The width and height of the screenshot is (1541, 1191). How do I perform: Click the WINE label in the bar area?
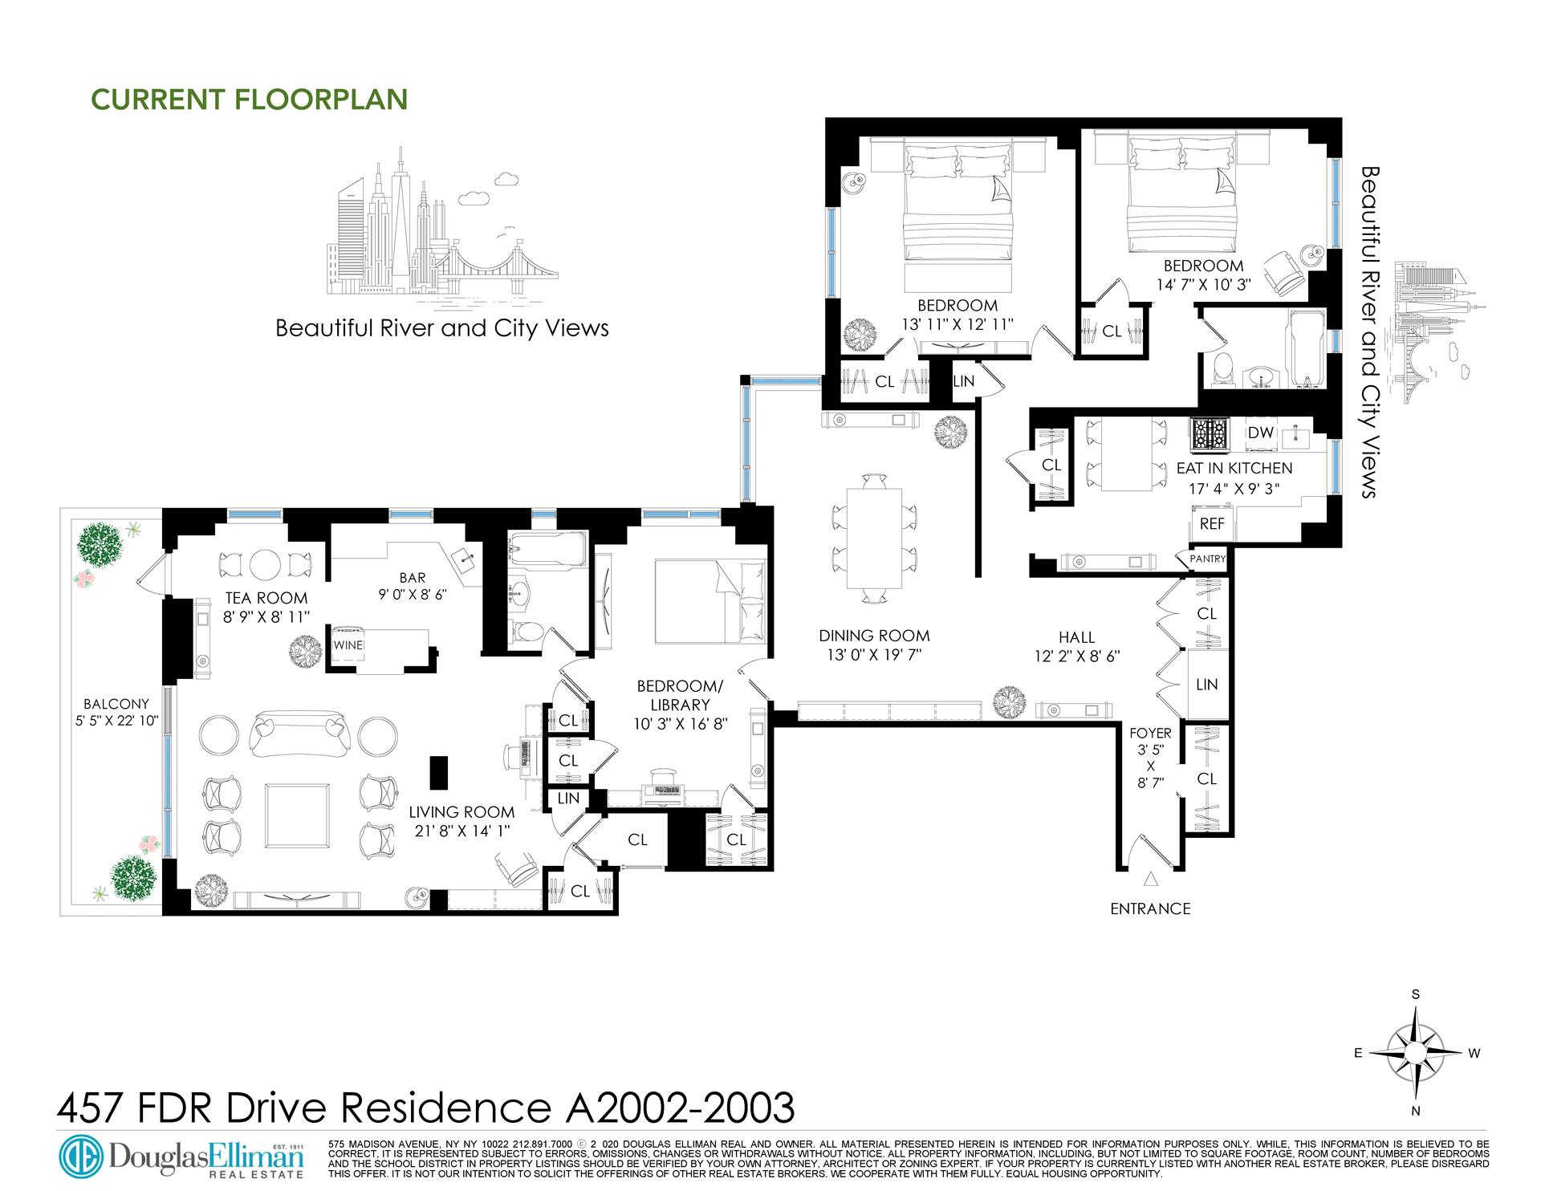coord(348,645)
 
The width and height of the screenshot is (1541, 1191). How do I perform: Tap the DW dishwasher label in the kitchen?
coord(1261,433)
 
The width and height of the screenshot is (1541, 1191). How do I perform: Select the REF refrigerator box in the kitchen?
coord(1212,523)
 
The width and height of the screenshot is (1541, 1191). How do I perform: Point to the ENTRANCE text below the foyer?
coord(1150,908)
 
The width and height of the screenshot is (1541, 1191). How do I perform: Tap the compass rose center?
coord(1417,1053)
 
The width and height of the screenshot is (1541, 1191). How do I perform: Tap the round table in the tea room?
coord(264,565)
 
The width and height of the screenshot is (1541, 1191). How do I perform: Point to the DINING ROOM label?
coord(874,636)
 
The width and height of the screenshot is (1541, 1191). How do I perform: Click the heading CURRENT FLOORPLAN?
coord(250,99)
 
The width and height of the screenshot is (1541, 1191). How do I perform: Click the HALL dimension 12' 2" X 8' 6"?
coord(1076,656)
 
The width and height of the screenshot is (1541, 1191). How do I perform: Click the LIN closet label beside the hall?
coord(1206,685)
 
